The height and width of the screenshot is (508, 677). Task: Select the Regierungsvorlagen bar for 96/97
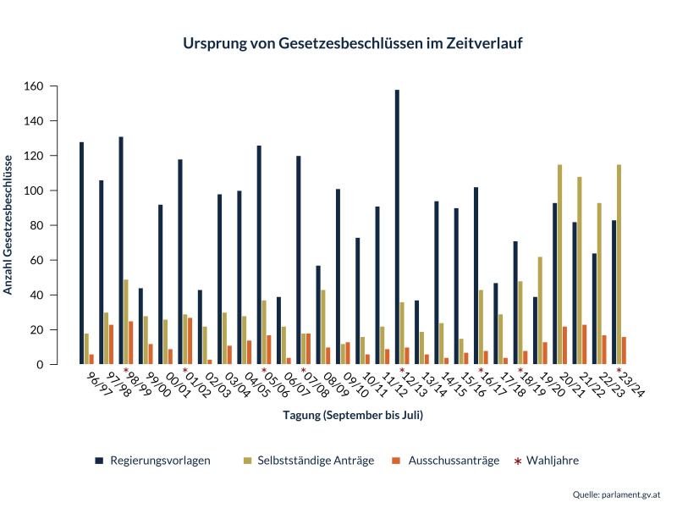point(82,253)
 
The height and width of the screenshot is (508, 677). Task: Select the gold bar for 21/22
point(580,270)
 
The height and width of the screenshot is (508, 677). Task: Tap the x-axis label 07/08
point(315,384)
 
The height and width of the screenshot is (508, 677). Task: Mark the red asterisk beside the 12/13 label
point(402,371)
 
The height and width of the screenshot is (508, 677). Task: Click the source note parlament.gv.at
point(633,494)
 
